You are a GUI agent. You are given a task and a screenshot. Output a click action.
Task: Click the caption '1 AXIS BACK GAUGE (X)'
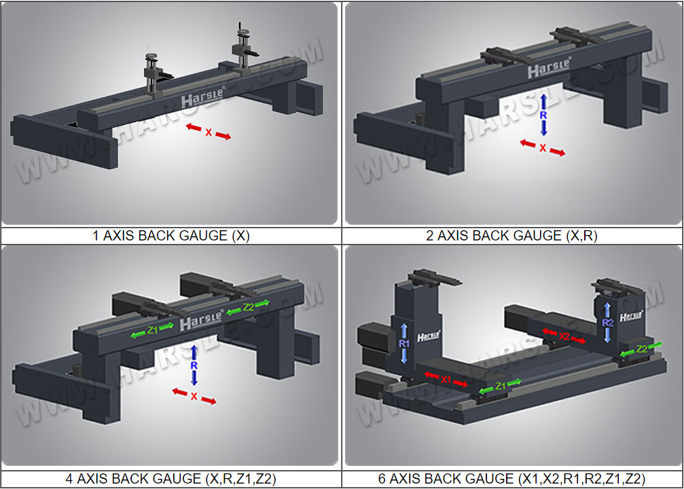(171, 236)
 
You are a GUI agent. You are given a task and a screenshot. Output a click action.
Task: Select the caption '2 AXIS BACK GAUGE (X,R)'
(511, 236)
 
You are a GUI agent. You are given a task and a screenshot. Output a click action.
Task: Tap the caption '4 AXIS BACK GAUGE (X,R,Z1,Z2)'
(171, 479)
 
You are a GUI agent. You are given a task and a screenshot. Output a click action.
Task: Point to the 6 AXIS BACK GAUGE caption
(511, 479)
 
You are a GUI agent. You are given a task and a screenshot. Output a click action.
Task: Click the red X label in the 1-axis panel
(209, 132)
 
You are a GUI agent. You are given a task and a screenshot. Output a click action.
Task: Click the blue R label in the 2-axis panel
(543, 115)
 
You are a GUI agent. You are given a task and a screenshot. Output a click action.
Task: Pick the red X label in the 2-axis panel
(543, 148)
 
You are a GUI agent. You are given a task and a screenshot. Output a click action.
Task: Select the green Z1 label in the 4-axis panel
(152, 330)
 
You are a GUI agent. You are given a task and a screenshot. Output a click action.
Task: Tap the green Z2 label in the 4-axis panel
(249, 307)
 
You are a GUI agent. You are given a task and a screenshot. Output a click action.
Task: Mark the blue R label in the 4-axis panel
(194, 365)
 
